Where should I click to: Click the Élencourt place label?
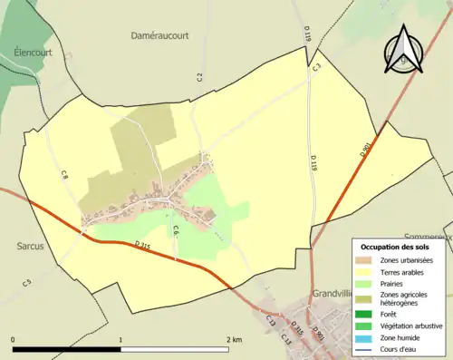pyautogui.click(x=21, y=53)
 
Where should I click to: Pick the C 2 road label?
pyautogui.click(x=200, y=76)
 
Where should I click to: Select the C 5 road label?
pyautogui.click(x=27, y=284)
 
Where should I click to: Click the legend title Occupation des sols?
pyautogui.click(x=396, y=247)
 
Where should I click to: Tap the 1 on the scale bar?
pyautogui.click(x=121, y=340)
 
